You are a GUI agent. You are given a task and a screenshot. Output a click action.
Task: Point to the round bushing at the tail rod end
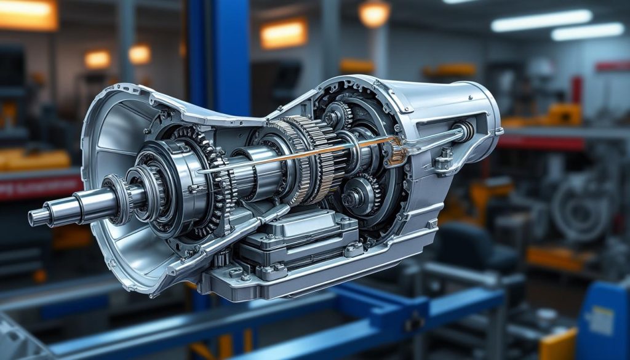pos(466,130)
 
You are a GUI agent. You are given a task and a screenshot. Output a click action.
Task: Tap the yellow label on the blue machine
pos(601,320)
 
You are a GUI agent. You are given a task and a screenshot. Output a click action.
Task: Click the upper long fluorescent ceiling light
pos(541,20)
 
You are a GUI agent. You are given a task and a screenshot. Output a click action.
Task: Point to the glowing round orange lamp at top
pos(374,14)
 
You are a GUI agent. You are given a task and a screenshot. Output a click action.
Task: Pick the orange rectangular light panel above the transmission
pos(283,34)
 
